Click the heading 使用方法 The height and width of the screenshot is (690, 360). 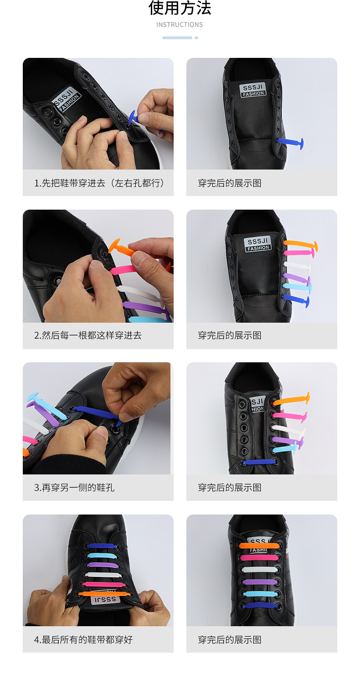pyautogui.click(x=180, y=8)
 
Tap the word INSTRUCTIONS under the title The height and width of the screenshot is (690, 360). pyautogui.click(x=180, y=25)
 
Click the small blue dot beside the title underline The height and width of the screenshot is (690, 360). pyautogui.click(x=196, y=38)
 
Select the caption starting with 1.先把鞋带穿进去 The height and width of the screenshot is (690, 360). pyautogui.click(x=99, y=183)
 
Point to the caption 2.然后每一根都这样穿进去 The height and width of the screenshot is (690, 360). pyautogui.click(x=88, y=335)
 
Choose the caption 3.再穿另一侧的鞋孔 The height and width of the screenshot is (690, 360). pyautogui.click(x=74, y=488)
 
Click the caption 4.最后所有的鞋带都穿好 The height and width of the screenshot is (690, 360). pyautogui.click(x=83, y=640)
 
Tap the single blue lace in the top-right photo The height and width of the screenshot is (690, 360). pyautogui.click(x=290, y=143)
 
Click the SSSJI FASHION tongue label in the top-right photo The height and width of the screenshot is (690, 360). pyautogui.click(x=254, y=90)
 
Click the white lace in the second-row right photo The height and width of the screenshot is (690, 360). pyautogui.click(x=296, y=264)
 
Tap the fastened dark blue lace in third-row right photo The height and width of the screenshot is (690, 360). pyautogui.click(x=260, y=462)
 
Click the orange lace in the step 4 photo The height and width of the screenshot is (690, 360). pyautogui.click(x=98, y=594)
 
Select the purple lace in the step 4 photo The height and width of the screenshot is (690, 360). pyautogui.click(x=100, y=564)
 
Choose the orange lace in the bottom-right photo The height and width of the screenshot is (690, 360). pyautogui.click(x=259, y=546)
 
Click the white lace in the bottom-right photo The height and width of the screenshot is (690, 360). pyautogui.click(x=260, y=570)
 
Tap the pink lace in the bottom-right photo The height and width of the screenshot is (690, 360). pyautogui.click(x=259, y=557)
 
